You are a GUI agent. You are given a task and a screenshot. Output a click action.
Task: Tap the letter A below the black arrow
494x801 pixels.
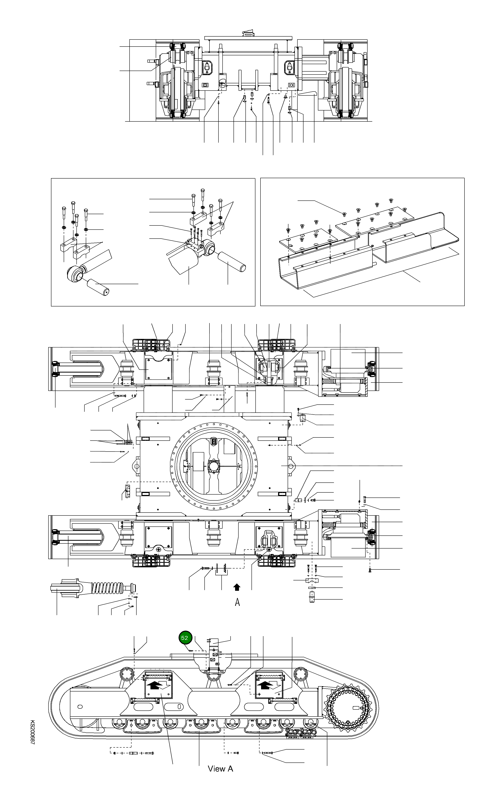click(x=238, y=602)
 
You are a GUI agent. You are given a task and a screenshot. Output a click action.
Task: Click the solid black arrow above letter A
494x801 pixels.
click(x=237, y=587)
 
